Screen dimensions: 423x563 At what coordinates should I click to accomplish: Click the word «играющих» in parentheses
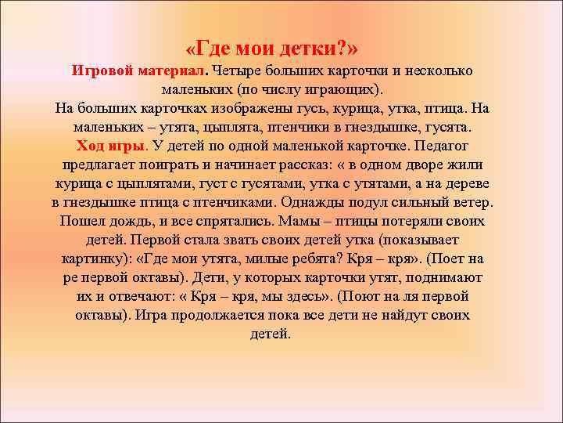click(x=335, y=89)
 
